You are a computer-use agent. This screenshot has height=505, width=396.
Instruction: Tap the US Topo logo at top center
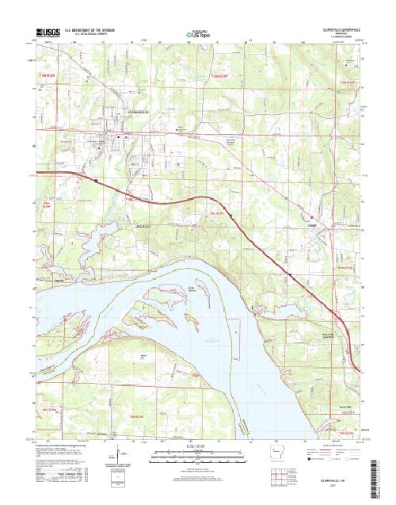click(197, 35)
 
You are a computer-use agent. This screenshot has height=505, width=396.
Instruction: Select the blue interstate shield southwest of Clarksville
click(97, 179)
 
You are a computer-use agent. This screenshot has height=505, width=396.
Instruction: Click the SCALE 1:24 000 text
click(197, 446)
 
